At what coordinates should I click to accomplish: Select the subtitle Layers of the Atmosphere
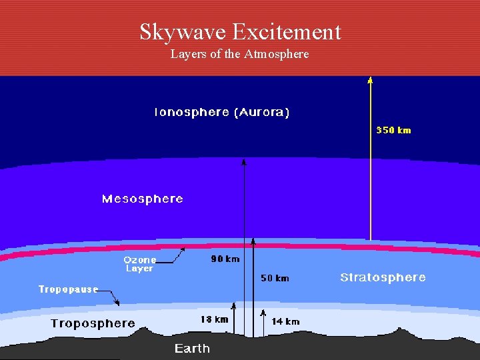[240, 54]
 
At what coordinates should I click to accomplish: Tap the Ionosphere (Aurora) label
[221, 113]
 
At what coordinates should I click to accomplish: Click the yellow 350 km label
[393, 130]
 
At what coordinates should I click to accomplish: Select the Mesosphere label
[142, 199]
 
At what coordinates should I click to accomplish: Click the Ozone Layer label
[139, 264]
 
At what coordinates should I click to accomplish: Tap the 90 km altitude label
[225, 259]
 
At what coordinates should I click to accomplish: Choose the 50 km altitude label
[275, 278]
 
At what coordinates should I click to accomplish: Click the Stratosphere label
[383, 277]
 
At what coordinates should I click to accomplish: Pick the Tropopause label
[68, 289]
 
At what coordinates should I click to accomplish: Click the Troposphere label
[93, 324]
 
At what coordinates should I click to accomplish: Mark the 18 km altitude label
[214, 319]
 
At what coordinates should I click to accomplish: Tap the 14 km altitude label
[285, 321]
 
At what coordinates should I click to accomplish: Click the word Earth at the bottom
[192, 349]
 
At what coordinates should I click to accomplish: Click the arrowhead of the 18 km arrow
[234, 305]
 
